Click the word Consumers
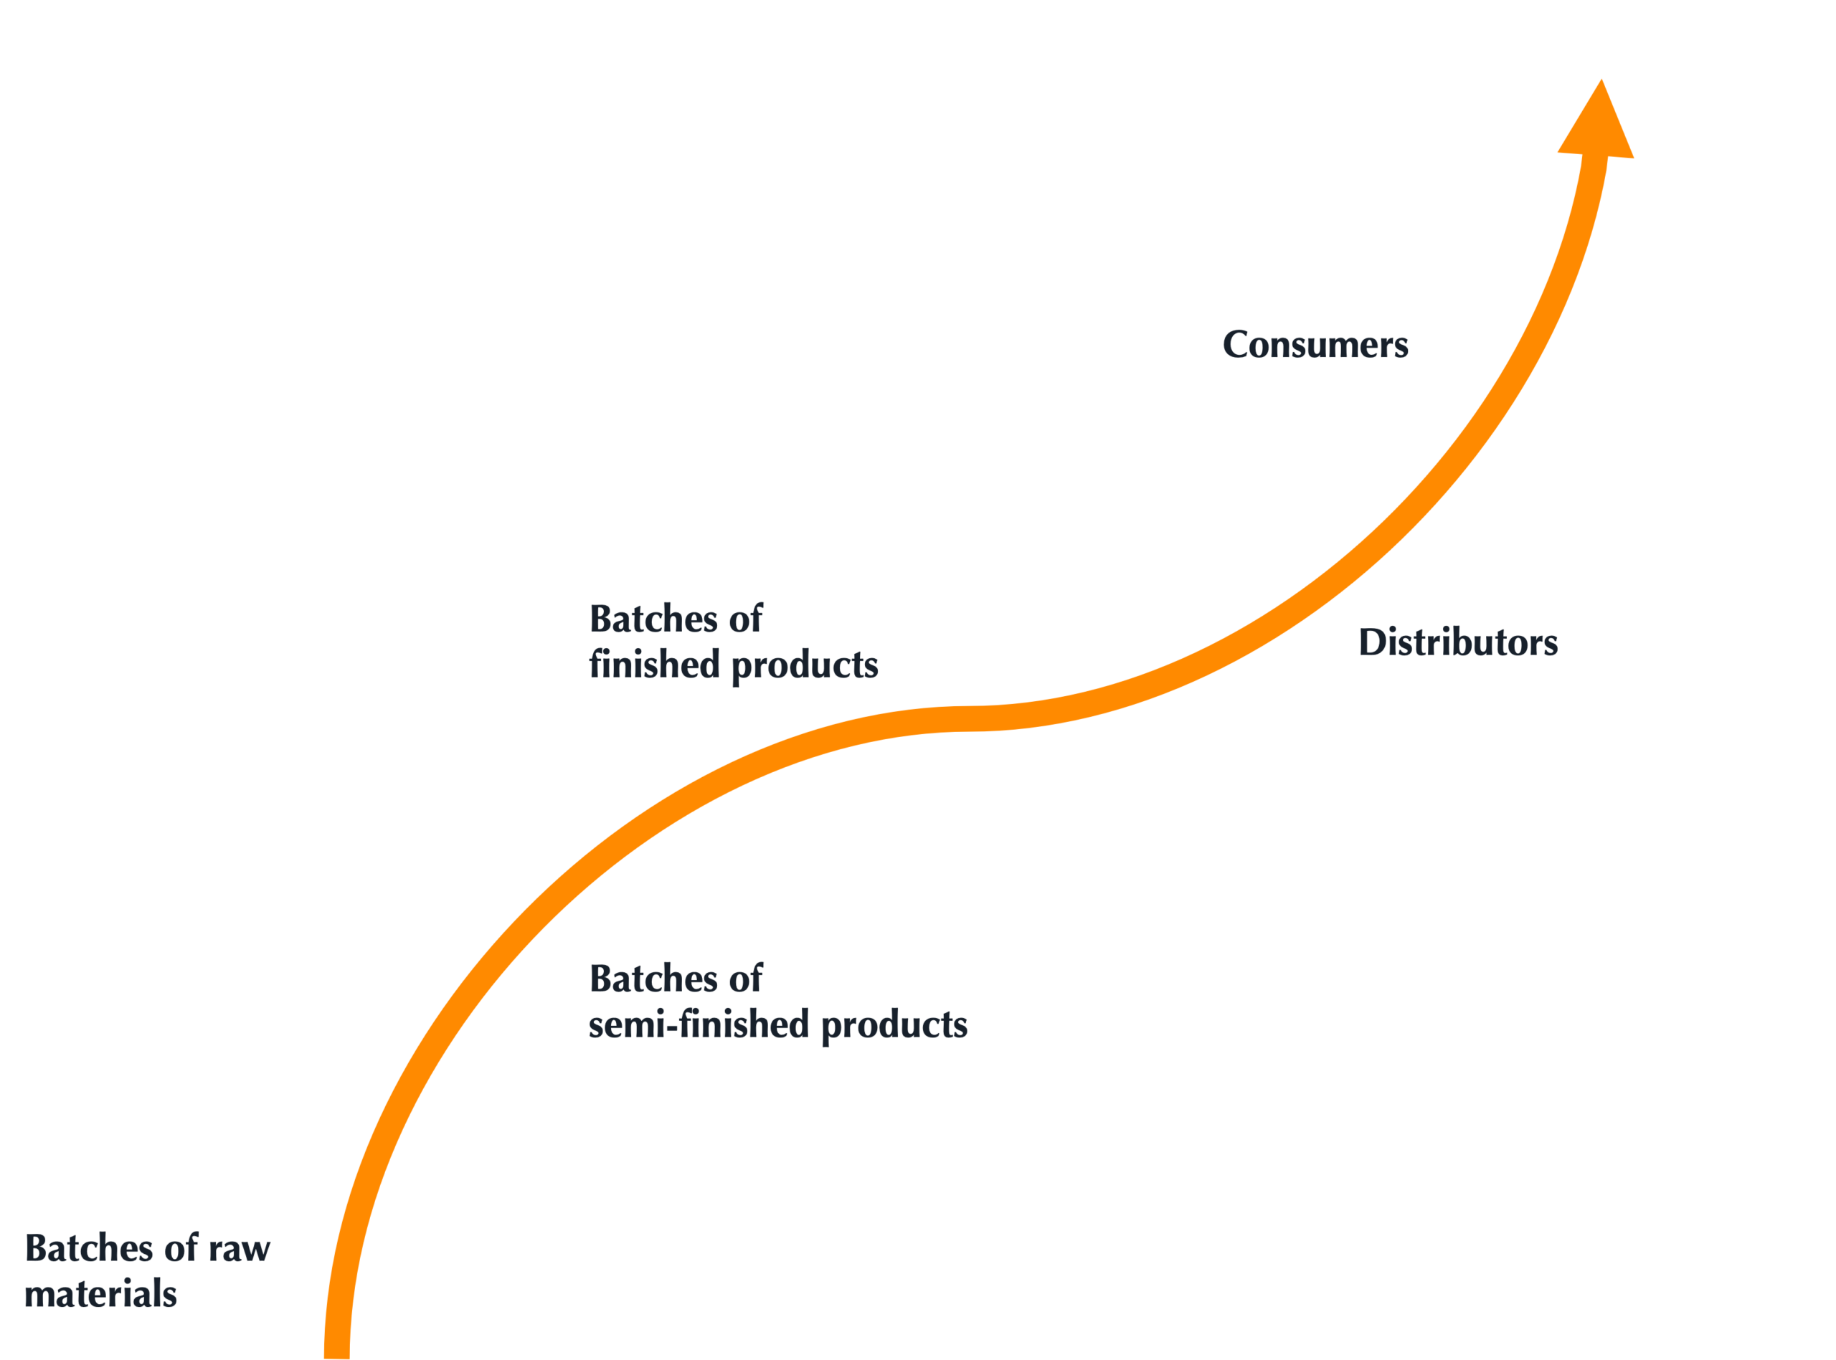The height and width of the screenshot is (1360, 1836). coord(1315,344)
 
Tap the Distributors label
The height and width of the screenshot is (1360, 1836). coord(1458,642)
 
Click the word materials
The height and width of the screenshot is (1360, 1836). coord(100,1295)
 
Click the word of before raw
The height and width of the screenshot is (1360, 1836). coord(182,1248)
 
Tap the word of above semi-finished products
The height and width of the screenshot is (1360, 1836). coord(746,979)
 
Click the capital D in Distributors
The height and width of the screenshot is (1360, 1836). coord(1375,642)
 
